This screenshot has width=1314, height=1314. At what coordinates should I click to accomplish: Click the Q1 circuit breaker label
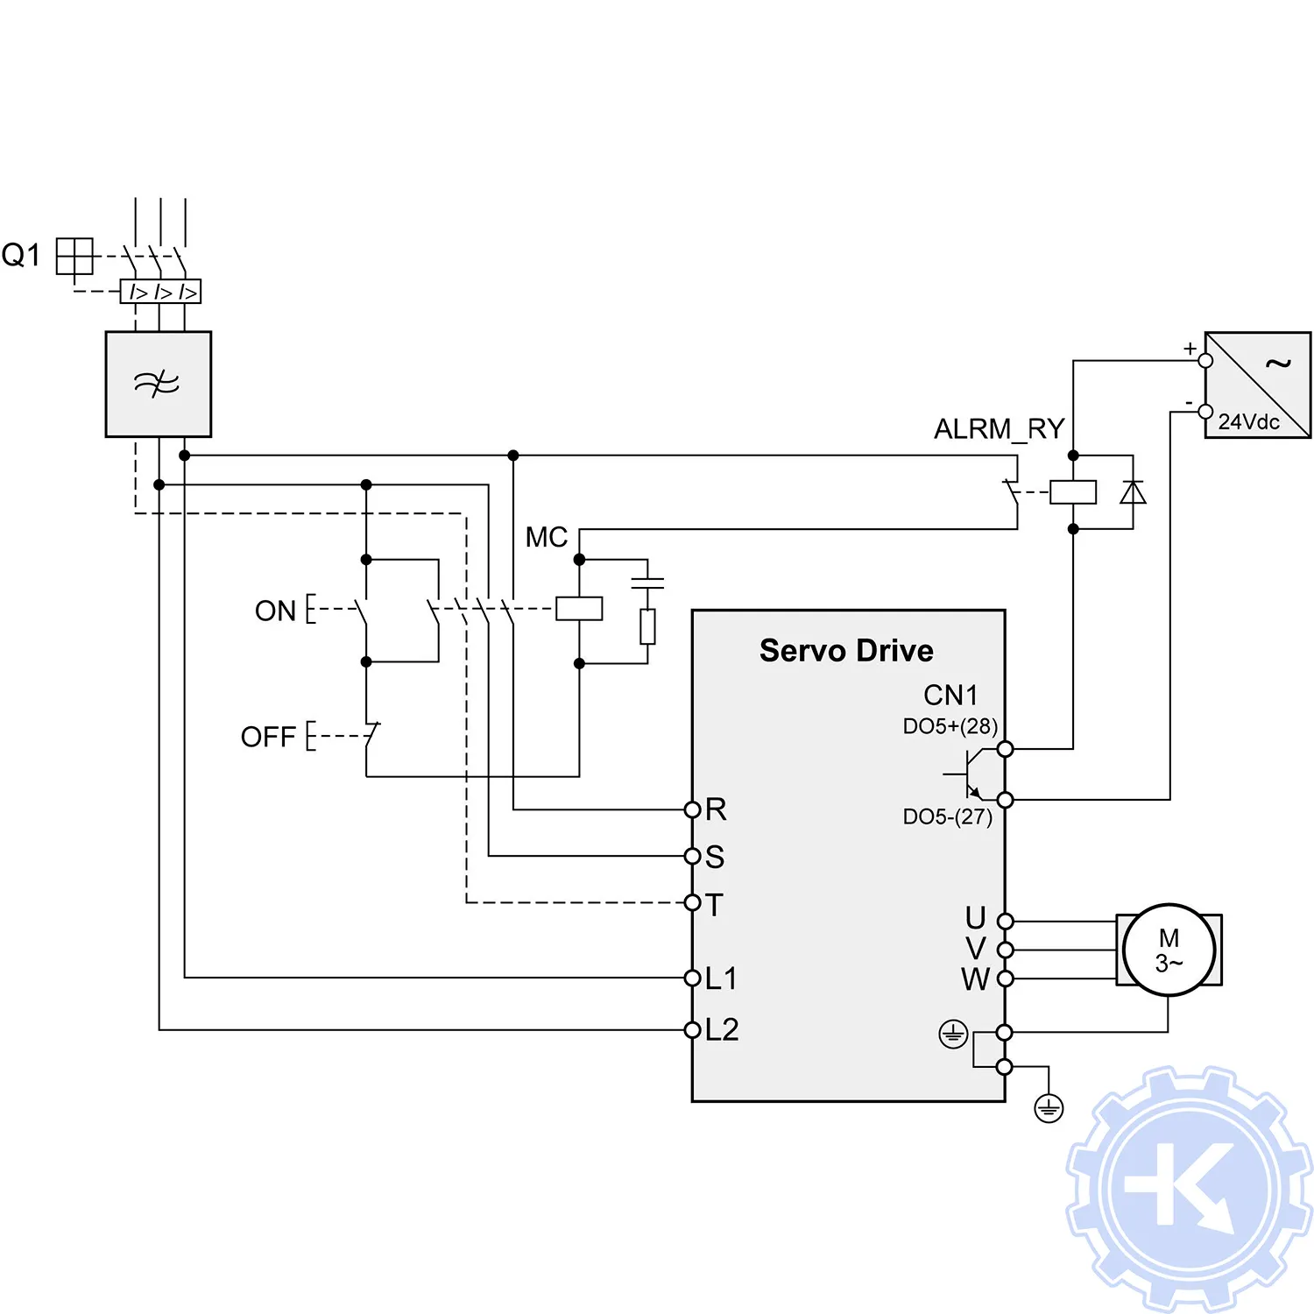pyautogui.click(x=21, y=255)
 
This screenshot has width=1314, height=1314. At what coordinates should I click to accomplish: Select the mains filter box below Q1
pyautogui.click(x=158, y=384)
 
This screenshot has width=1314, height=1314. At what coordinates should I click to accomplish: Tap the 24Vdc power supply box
pyautogui.click(x=1257, y=385)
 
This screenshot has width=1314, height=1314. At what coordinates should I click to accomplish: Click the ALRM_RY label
pyautogui.click(x=999, y=429)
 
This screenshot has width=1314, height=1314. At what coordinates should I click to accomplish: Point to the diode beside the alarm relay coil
pyautogui.click(x=1133, y=492)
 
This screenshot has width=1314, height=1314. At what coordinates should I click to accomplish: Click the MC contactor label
pyautogui.click(x=546, y=537)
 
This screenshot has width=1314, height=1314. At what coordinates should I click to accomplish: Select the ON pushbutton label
pyautogui.click(x=275, y=611)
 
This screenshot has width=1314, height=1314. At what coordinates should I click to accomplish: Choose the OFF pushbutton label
pyautogui.click(x=268, y=737)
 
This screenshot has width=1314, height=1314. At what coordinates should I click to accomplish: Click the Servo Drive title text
pyautogui.click(x=846, y=651)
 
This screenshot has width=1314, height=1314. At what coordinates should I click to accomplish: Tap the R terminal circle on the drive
pyautogui.click(x=692, y=809)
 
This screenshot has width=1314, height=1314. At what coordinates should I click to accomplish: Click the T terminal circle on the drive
pyautogui.click(x=692, y=902)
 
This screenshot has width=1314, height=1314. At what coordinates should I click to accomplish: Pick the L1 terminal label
pyautogui.click(x=722, y=978)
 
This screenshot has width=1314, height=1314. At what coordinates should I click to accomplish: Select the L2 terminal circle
pyautogui.click(x=692, y=1030)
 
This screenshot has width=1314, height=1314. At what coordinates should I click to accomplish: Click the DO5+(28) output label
pyautogui.click(x=950, y=726)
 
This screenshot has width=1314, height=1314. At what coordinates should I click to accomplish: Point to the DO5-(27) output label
pyautogui.click(x=947, y=816)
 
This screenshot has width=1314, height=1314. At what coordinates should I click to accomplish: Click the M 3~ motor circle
pyautogui.click(x=1169, y=950)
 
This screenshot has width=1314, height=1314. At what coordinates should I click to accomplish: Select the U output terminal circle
pyautogui.click(x=1006, y=922)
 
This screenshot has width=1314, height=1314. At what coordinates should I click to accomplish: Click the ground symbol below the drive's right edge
pyautogui.click(x=1049, y=1109)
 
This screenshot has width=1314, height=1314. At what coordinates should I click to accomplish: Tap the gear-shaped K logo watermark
pyautogui.click(x=1189, y=1189)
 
